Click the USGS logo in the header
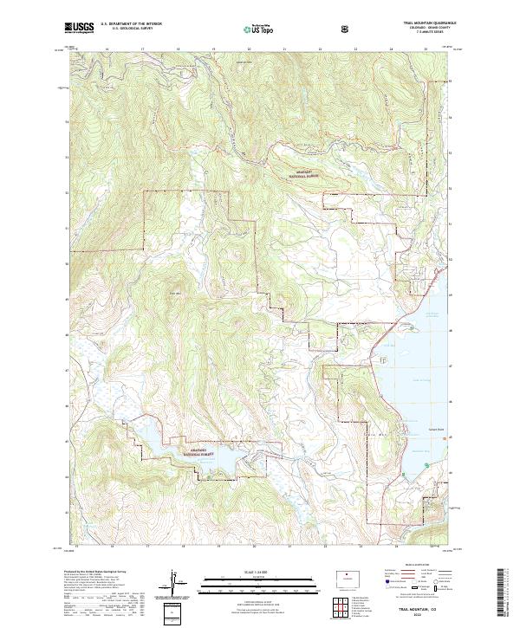click(80, 29)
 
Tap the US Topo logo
click(261, 29)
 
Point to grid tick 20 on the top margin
click(249, 50)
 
